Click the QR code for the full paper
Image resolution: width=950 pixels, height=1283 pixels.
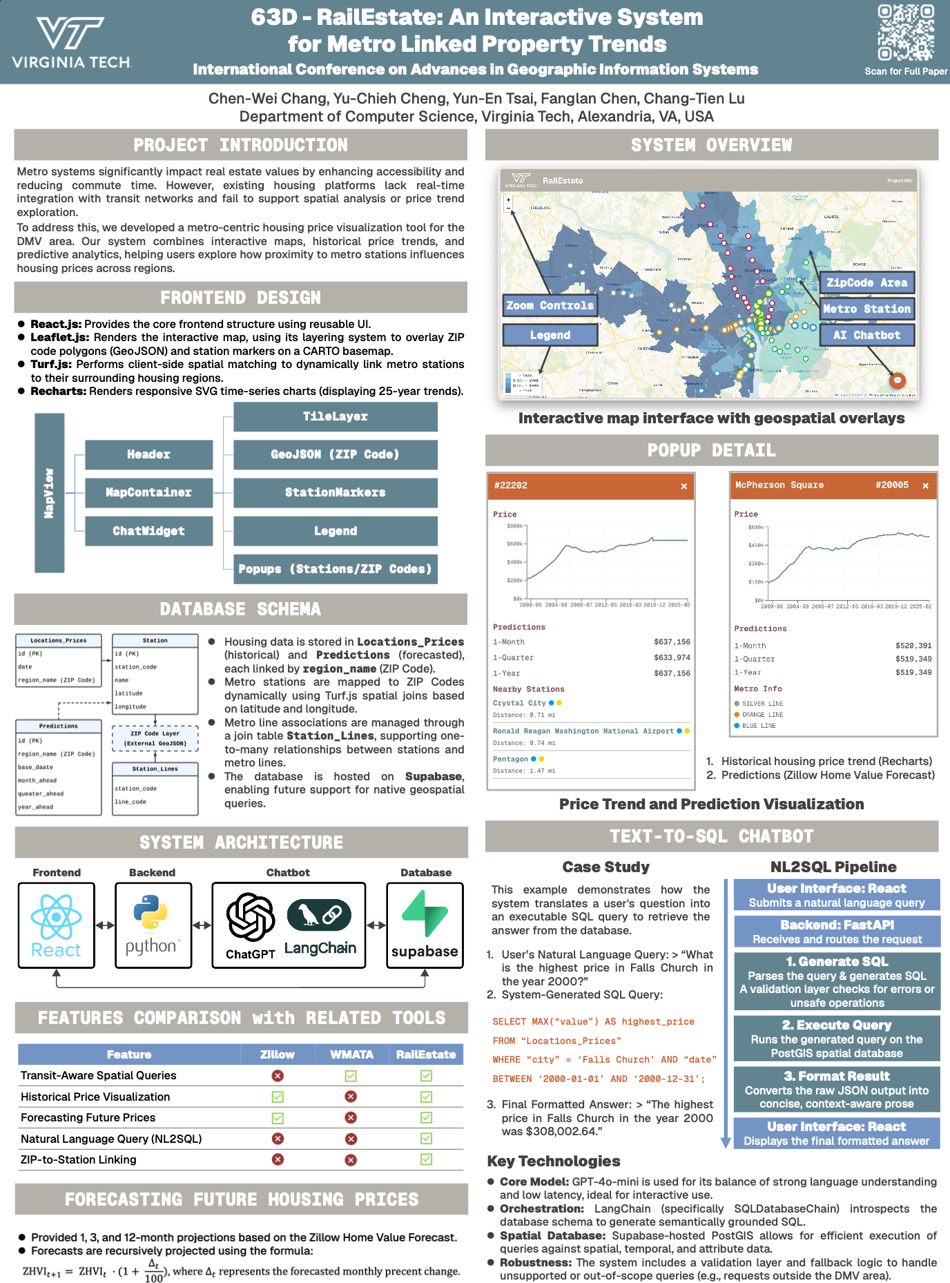(906, 33)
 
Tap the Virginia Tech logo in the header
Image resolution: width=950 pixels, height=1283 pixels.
(71, 43)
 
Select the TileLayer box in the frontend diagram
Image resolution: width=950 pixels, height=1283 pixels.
(336, 416)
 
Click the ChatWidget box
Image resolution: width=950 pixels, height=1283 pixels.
(148, 531)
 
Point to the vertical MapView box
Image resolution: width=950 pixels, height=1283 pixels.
(49, 492)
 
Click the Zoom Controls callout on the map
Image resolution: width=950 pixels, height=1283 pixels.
(550, 305)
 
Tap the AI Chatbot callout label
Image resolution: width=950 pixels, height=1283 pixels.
(866, 335)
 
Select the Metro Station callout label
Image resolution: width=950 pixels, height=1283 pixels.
(866, 309)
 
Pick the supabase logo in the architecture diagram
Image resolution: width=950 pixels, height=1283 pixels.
(425, 925)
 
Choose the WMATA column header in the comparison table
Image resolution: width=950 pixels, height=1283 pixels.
(351, 1054)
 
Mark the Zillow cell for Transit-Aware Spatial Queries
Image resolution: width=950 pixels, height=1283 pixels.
(278, 1076)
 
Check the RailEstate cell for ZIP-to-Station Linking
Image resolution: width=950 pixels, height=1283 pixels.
(426, 1159)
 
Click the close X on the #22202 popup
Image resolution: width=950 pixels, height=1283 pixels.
(684, 486)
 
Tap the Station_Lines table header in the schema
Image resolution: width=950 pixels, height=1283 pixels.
(155, 769)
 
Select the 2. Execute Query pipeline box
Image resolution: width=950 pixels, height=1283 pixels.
(837, 1038)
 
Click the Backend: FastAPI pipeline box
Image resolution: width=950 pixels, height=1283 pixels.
(837, 932)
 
